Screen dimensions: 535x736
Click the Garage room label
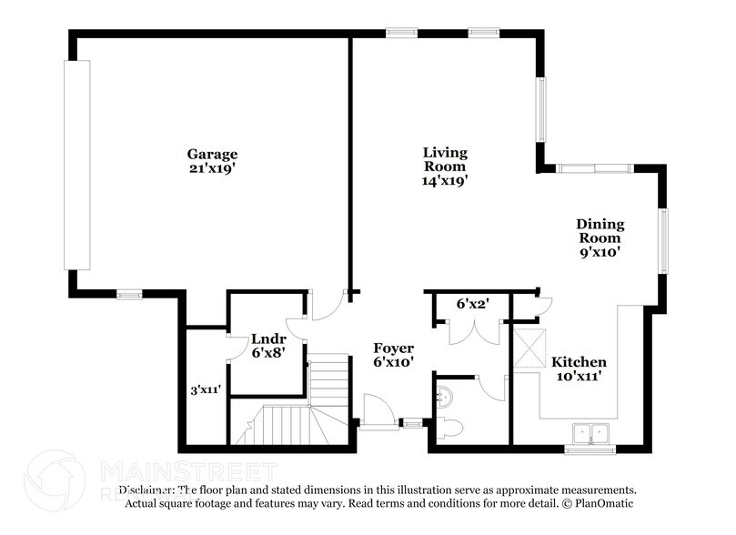click(x=212, y=154)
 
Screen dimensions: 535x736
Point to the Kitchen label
click(x=579, y=361)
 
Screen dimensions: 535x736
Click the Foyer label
click(x=394, y=348)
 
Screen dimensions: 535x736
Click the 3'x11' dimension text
click(x=206, y=389)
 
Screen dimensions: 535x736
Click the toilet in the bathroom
click(x=451, y=427)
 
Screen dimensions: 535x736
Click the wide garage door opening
click(x=77, y=165)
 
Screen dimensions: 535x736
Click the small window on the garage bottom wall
click(x=129, y=294)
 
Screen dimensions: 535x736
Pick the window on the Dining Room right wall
click(x=663, y=241)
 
